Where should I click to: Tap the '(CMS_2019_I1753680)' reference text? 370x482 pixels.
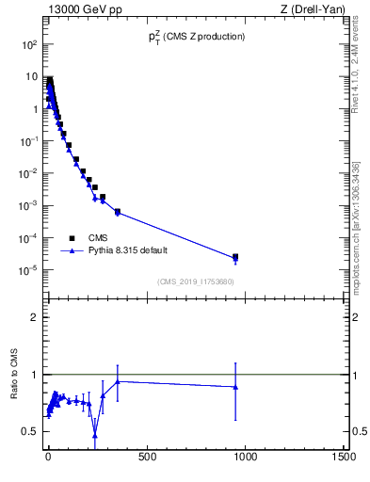coord(196,281)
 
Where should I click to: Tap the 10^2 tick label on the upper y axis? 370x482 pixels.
coord(30,44)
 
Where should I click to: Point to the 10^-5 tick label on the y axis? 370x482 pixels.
coord(29,270)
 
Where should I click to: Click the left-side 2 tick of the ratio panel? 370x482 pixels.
coord(34,317)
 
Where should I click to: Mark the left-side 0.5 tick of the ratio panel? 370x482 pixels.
coord(31,431)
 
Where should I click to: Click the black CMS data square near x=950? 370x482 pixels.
coord(235,257)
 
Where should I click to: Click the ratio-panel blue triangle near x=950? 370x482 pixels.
coord(235,386)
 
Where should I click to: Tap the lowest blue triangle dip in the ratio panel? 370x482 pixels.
coord(95,434)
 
